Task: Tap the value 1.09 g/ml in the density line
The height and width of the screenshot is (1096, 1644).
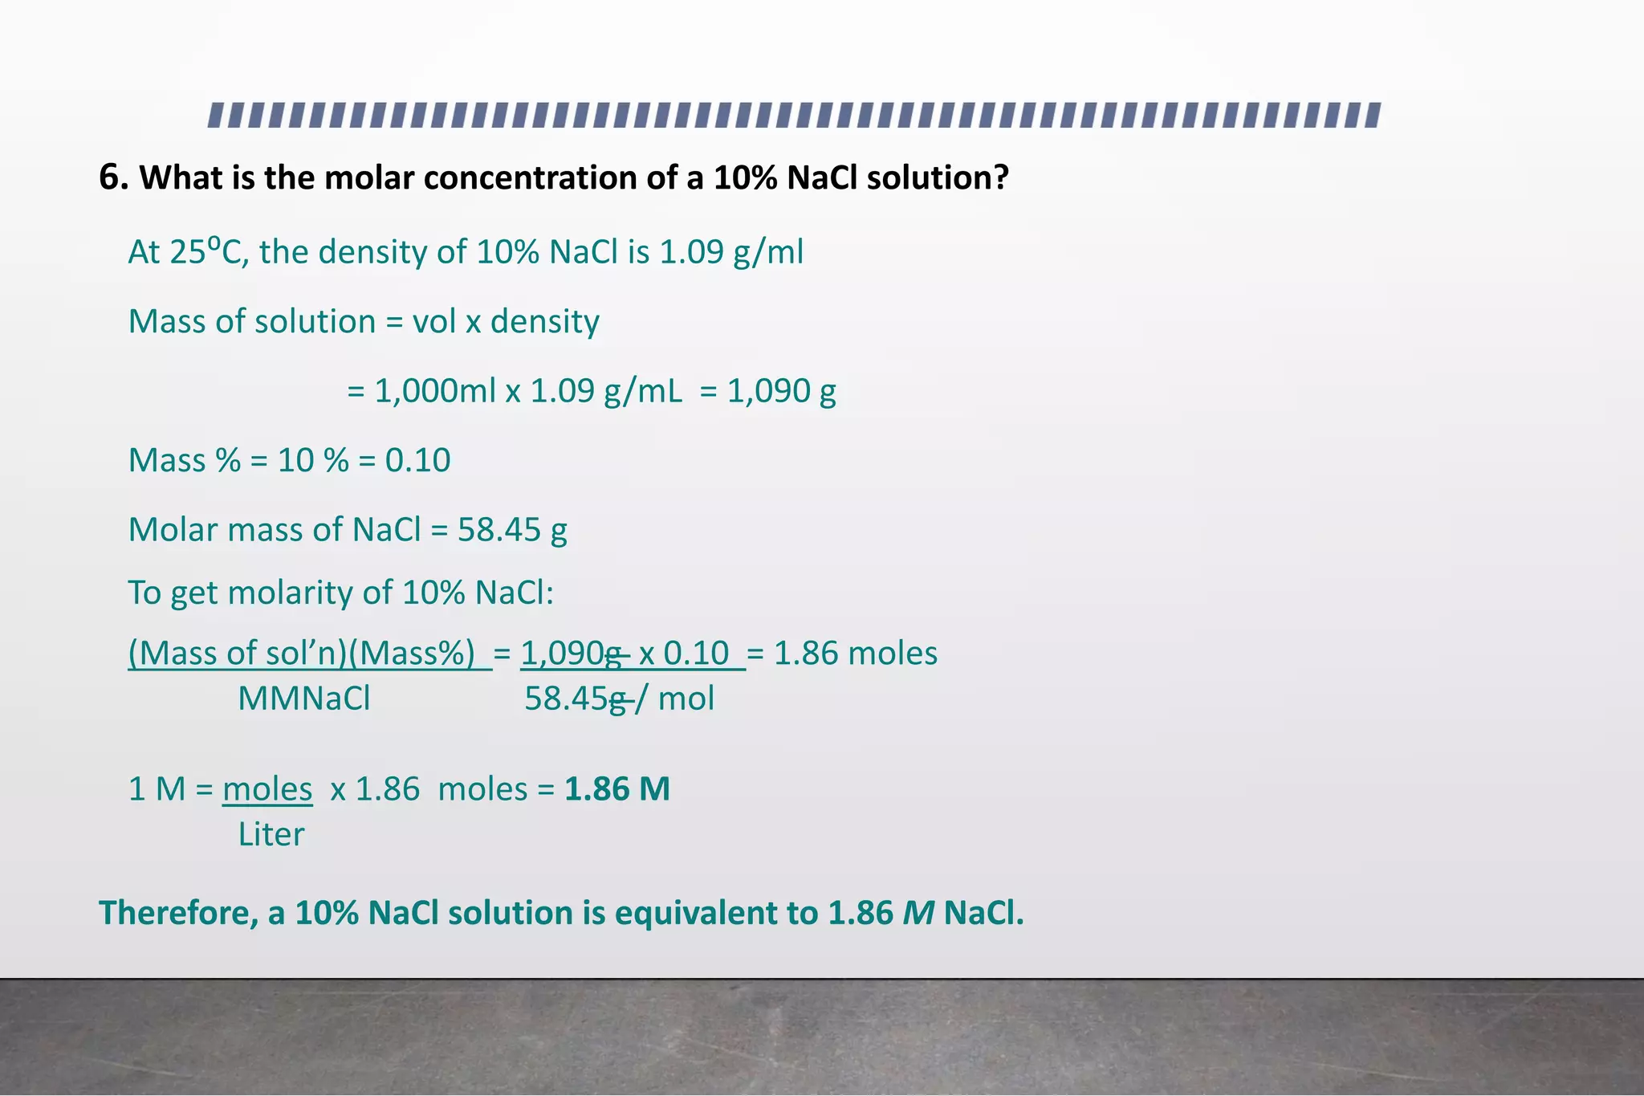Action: pos(730,252)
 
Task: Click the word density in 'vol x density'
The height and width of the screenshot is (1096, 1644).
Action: pos(544,322)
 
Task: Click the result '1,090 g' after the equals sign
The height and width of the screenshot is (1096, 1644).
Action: pos(781,391)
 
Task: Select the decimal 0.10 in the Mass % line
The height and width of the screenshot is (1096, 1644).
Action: pos(417,460)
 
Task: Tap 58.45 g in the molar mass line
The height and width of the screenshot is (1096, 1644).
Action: pos(512,530)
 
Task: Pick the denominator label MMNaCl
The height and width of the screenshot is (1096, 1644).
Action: pos(303,699)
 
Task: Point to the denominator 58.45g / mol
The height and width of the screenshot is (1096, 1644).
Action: pos(619,699)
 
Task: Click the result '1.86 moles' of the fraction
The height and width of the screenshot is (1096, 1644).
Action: pos(855,654)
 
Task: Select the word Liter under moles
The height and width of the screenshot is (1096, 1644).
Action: pos(271,834)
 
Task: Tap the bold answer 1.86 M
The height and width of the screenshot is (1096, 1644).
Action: pos(616,789)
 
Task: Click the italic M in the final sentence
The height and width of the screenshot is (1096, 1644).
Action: pos(918,913)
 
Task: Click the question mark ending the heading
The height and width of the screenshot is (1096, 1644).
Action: pos(999,177)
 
